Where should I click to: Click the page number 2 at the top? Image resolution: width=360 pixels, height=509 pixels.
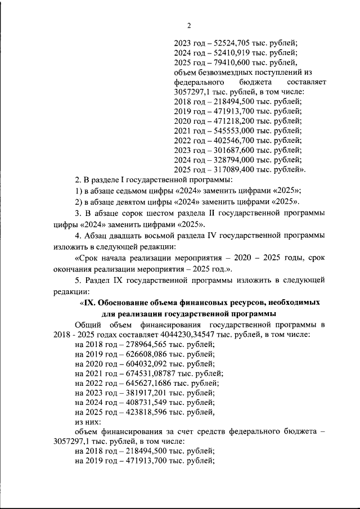(x=189, y=25)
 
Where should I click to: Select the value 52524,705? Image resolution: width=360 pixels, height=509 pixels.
(x=231, y=42)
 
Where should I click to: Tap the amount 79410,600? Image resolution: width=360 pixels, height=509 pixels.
(x=231, y=62)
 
